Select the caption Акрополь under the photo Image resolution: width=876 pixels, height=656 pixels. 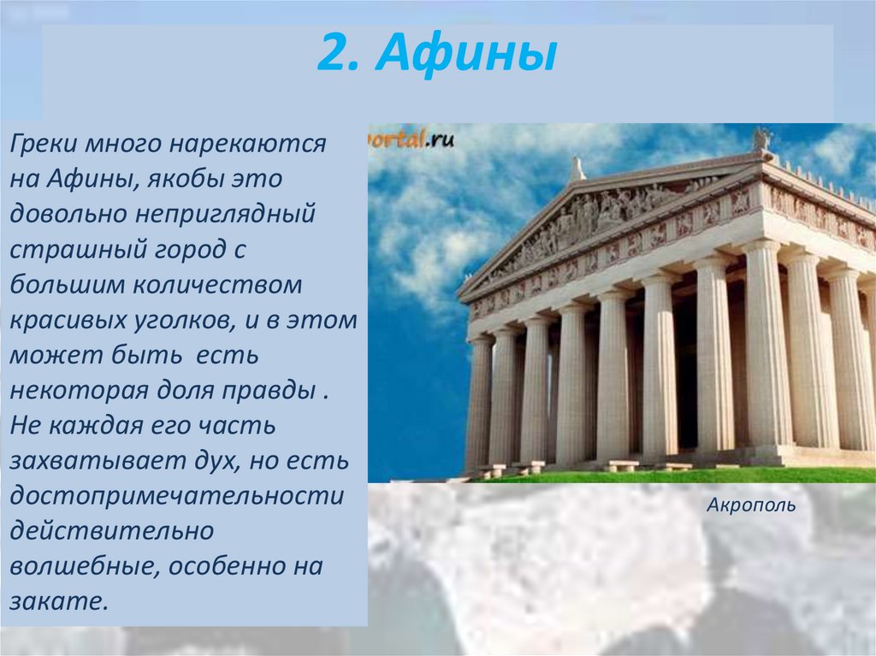tap(751, 505)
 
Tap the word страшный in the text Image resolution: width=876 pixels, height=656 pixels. tap(74, 250)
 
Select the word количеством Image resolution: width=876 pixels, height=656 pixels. tap(218, 285)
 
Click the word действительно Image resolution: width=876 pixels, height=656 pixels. tap(112, 531)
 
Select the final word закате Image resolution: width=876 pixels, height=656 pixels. tap(58, 602)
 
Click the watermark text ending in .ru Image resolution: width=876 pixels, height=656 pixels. tap(411, 139)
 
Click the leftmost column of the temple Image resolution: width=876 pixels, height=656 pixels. tap(479, 401)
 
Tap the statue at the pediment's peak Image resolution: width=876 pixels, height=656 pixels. tap(577, 168)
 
